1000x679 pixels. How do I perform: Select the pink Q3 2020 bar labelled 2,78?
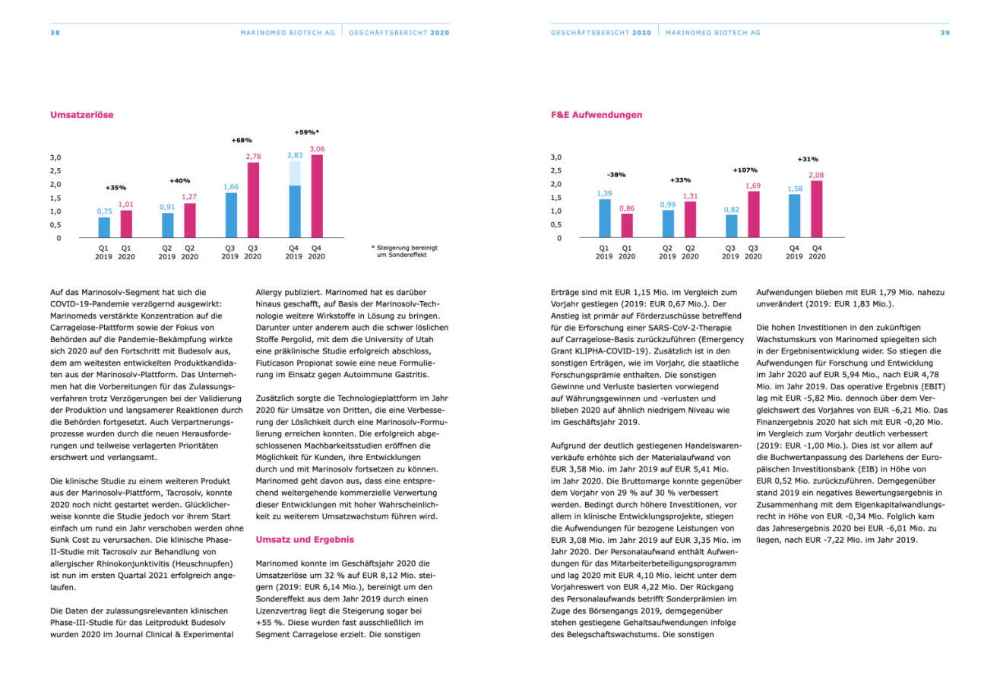[253, 200]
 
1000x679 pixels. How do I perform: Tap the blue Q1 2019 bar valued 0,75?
[103, 227]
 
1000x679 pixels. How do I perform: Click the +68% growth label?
[242, 140]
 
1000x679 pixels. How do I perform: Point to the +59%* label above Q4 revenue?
[305, 132]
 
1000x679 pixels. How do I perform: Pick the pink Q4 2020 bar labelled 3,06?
[317, 196]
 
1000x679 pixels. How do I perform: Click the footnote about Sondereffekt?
[404, 252]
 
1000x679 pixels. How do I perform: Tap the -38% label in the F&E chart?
[616, 174]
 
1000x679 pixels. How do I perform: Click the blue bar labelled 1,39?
[604, 218]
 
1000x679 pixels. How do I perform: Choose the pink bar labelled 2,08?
[817, 209]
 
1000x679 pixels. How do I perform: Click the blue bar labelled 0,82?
[731, 226]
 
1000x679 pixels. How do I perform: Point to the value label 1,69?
[753, 185]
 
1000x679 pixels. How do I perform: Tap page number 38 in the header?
[55, 33]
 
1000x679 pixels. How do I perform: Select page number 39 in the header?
[945, 33]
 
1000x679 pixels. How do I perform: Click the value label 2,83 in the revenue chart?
[294, 155]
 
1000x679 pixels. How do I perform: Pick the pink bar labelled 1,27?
[190, 221]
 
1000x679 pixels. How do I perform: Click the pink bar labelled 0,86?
[627, 225]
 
